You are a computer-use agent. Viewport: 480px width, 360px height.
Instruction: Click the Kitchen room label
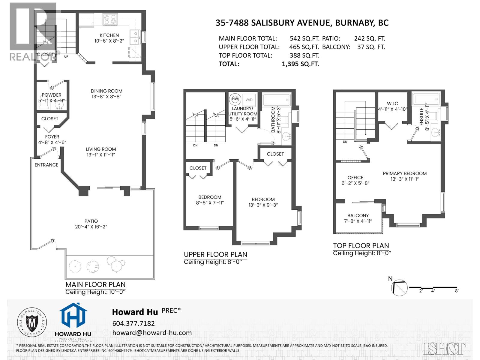109,35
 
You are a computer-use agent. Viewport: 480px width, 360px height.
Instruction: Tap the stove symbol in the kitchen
109,19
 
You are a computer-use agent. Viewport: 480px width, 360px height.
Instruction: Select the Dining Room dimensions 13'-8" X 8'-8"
107,97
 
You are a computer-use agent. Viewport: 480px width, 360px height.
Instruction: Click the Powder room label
52,95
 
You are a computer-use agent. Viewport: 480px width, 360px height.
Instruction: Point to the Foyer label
52,136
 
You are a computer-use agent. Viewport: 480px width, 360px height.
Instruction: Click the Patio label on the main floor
91,221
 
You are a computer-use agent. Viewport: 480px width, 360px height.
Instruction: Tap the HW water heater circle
235,99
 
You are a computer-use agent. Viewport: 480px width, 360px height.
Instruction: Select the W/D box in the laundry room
249,100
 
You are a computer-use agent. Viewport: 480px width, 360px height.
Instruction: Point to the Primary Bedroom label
405,173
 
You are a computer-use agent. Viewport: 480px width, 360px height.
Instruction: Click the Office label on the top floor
355,177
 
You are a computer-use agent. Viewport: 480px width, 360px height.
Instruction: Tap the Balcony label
358,215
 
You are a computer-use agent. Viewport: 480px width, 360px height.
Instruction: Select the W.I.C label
392,103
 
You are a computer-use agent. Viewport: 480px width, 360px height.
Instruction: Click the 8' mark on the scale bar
457,291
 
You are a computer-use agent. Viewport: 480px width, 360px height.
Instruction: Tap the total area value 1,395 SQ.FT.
300,64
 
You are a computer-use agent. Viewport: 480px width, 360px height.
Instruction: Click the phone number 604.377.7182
133,323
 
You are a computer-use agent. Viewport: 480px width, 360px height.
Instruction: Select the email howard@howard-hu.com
152,332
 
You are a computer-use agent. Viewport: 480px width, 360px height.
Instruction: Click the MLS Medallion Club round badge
33,322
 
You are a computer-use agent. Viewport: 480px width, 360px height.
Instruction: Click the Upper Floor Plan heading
215,254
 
